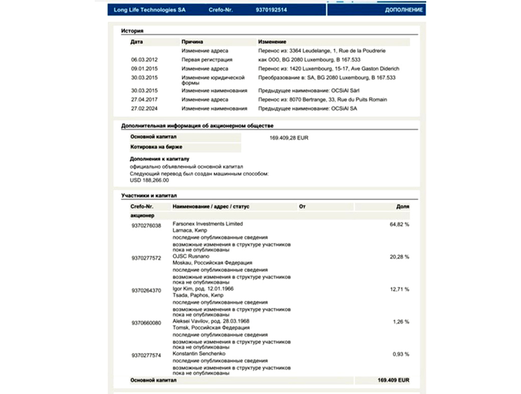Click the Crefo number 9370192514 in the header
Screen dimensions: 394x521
(x=271, y=10)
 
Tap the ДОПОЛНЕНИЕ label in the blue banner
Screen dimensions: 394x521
(x=404, y=10)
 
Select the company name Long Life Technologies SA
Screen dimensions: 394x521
(x=150, y=10)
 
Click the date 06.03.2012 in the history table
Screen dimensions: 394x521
(x=144, y=60)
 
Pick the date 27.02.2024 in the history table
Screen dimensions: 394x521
(x=144, y=109)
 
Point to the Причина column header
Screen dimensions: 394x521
(x=192, y=42)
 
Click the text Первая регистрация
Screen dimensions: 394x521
(x=207, y=60)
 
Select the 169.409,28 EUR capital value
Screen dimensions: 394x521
(x=288, y=138)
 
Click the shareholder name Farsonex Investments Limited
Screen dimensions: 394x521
(x=207, y=224)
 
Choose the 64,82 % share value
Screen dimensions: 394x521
(x=399, y=224)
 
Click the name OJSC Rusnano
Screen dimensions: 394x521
(x=191, y=257)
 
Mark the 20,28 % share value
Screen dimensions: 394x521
(x=399, y=257)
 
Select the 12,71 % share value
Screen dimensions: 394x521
(x=399, y=289)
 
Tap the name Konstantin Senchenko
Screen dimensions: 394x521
(x=198, y=354)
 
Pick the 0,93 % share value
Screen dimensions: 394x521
(x=401, y=354)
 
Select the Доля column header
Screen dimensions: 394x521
(x=403, y=207)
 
